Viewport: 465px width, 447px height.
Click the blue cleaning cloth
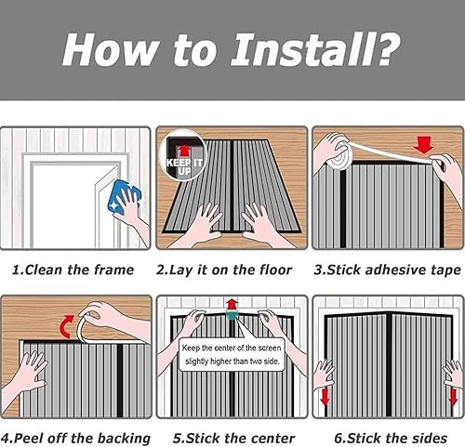[x=124, y=196]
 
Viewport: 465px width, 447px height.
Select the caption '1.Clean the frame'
[x=73, y=270]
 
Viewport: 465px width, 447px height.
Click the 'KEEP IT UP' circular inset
[x=183, y=156]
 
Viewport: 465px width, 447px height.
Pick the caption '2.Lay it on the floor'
[x=224, y=270]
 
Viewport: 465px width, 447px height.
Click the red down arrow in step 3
[x=423, y=145]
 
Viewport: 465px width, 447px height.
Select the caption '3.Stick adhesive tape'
[x=388, y=270]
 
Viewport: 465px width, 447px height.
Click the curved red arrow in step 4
[x=66, y=327]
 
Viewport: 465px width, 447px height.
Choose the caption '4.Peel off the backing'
[x=75, y=439]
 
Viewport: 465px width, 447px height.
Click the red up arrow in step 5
[x=232, y=304]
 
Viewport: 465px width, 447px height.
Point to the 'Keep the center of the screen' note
[x=232, y=354]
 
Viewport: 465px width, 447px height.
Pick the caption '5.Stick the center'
[x=233, y=439]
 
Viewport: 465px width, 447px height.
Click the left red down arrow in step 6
[x=325, y=397]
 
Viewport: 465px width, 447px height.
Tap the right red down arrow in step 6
[x=453, y=398]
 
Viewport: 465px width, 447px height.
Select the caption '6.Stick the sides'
[x=391, y=439]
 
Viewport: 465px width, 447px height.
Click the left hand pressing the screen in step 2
[x=200, y=224]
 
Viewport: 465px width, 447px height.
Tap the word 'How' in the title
[x=109, y=49]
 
